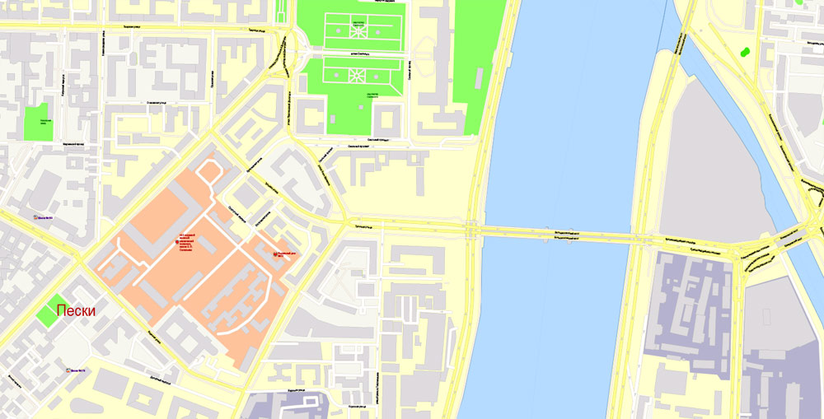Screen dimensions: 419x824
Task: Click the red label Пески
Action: [76, 311]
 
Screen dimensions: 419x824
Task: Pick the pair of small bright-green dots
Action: [745, 51]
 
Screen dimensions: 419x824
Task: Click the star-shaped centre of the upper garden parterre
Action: [358, 30]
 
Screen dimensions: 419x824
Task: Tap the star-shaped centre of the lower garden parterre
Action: [358, 74]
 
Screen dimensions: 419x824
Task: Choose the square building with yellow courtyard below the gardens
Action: [387, 120]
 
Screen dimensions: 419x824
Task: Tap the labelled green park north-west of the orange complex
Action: [36, 122]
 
